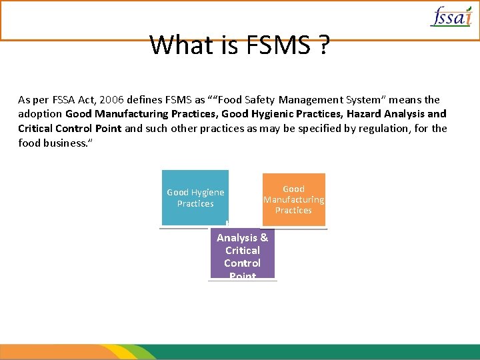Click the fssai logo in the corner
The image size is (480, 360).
tap(451, 16)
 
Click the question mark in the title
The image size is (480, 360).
tap(323, 45)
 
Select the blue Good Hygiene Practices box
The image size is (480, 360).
tap(195, 198)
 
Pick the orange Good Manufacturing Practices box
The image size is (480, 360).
tap(293, 199)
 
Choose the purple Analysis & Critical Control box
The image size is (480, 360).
tap(242, 254)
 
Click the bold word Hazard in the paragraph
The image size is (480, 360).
tap(364, 114)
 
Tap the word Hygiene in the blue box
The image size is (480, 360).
tap(208, 193)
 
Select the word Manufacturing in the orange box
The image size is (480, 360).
tap(293, 200)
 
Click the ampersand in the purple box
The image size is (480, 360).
tap(264, 238)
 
